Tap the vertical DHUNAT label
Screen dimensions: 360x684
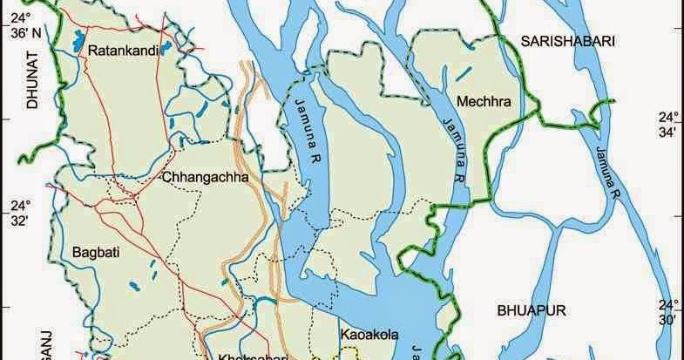pos(35,79)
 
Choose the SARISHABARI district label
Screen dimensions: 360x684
pos(568,41)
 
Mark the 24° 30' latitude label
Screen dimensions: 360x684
pos(667,312)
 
